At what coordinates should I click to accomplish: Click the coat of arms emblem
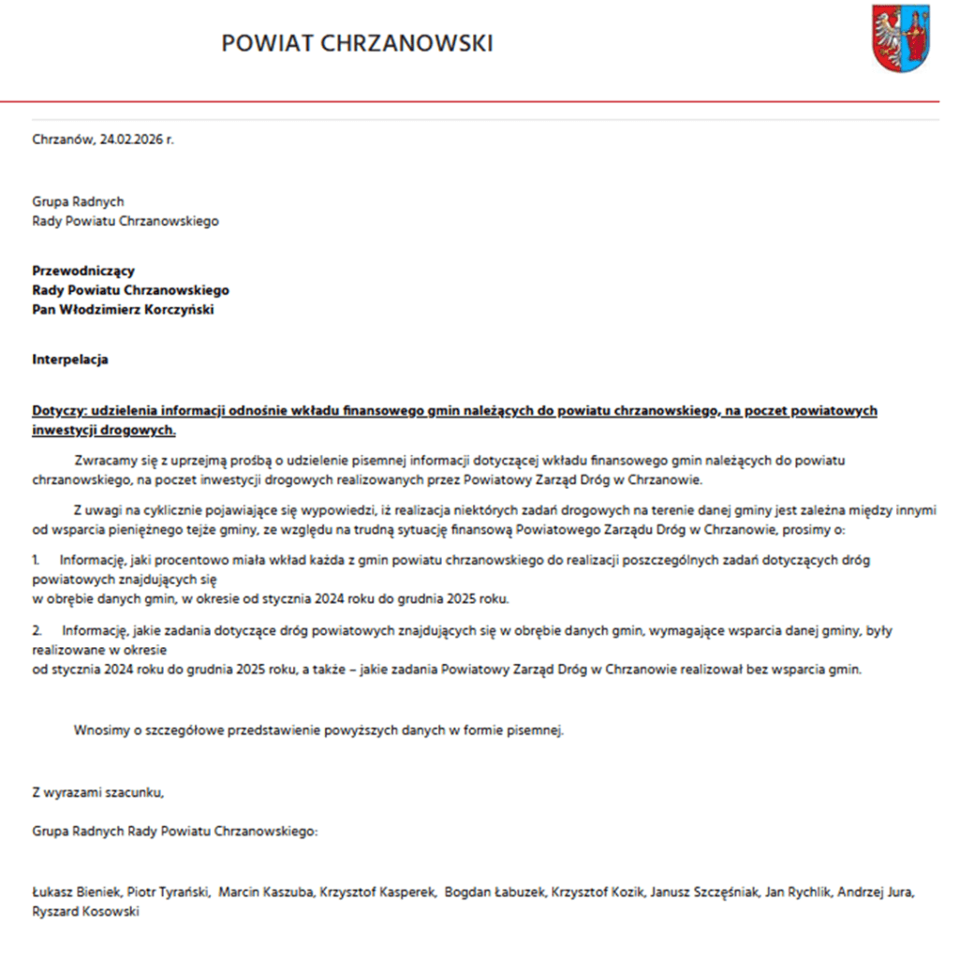point(901,38)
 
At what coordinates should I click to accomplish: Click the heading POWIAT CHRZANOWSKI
point(357,43)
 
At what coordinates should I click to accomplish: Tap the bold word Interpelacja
point(70,360)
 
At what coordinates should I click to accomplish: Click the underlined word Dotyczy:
point(59,411)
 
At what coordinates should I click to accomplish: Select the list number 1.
point(36,559)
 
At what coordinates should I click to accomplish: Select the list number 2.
point(36,630)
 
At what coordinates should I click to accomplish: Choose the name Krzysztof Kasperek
point(378,892)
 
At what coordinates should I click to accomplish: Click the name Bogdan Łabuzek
point(494,892)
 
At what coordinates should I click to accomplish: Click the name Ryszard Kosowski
point(85,911)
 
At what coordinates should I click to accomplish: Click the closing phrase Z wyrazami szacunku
point(97,792)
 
